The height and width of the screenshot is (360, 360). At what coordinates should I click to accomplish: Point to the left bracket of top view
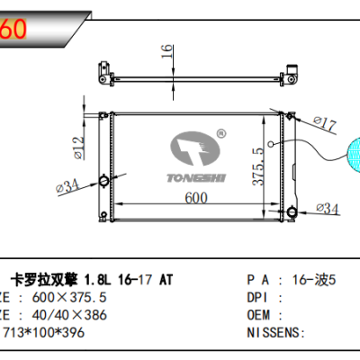tap(106, 69)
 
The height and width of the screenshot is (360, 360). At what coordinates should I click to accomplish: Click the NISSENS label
tap(274, 332)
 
